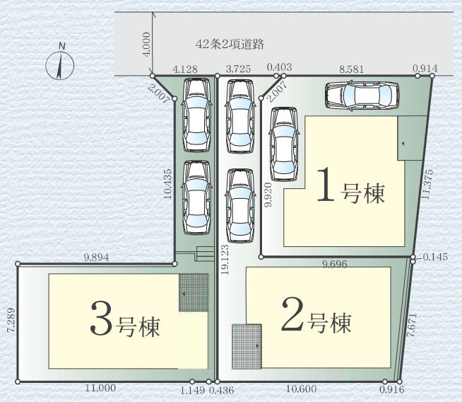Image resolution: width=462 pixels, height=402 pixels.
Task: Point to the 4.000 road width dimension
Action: pos(146,45)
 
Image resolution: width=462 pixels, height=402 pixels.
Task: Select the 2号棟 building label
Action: pos(316,322)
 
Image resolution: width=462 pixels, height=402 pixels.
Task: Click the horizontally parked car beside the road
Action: pos(361,95)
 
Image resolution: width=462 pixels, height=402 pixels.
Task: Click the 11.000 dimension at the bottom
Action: pos(99,389)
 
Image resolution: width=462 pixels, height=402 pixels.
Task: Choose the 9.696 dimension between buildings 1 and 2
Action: pos(334,264)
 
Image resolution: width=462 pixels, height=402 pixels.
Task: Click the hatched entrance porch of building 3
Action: pos(194,293)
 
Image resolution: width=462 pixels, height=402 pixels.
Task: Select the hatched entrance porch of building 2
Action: pos(247,345)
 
